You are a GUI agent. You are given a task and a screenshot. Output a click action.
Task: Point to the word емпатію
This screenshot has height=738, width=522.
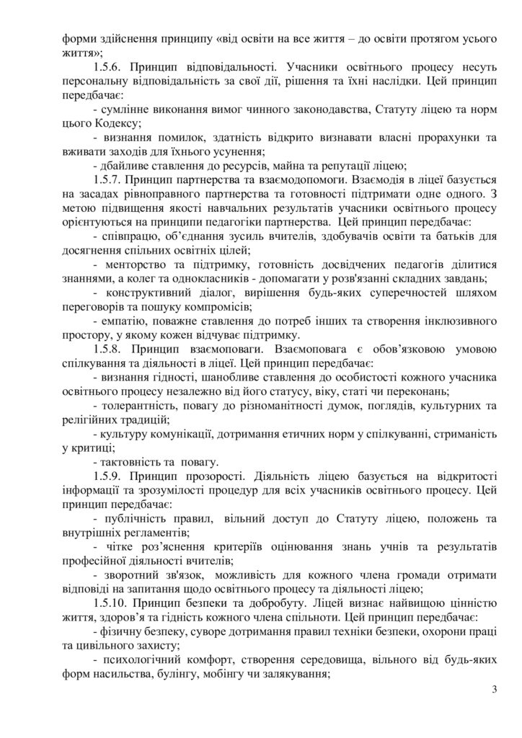(x=123, y=319)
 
